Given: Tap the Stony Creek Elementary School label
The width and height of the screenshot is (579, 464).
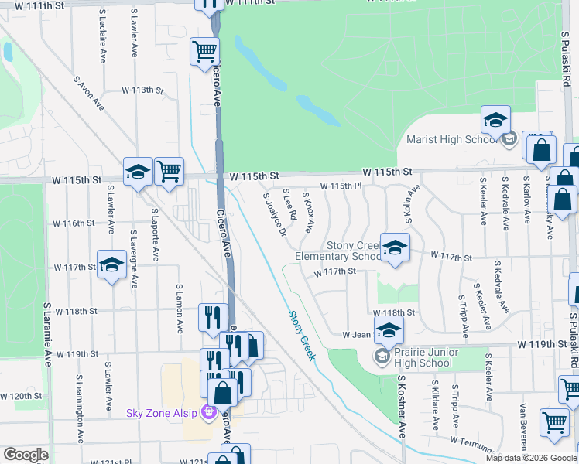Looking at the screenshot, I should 338,251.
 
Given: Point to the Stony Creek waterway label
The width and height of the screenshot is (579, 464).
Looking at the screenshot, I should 303,336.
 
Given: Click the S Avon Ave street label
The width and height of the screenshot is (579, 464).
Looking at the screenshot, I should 89,92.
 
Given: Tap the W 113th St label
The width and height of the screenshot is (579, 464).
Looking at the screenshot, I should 143,90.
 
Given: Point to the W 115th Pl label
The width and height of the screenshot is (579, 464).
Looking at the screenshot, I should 341,186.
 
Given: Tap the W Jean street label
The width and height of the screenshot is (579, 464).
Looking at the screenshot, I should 358,336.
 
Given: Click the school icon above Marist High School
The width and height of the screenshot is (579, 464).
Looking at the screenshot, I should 495,120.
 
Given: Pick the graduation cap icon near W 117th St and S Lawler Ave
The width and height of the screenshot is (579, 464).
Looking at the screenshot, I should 111,264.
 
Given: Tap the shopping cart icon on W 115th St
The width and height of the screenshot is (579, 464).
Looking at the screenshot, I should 169,170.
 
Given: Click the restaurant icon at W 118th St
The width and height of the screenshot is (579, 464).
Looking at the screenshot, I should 213,316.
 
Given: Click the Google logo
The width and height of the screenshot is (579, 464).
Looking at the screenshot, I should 26,455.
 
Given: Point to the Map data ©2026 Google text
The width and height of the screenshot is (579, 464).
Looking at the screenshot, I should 531,458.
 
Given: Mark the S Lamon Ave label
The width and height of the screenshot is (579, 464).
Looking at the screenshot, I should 179,310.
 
